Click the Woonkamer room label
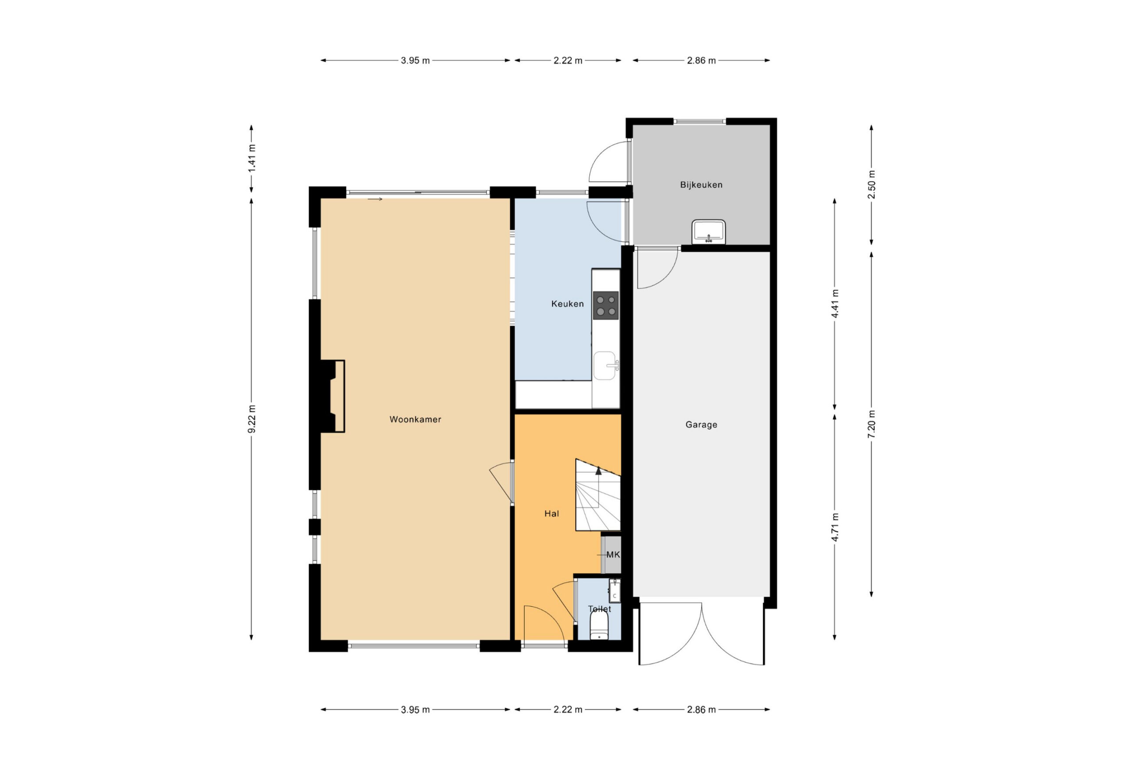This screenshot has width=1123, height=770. pos(415,419)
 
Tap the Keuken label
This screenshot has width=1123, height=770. pos(567,304)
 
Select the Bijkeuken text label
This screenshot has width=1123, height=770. pos(701,185)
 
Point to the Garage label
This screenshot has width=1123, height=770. pos(701,425)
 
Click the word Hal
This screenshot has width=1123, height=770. pos(551,514)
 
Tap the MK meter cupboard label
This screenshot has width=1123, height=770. pos(613,555)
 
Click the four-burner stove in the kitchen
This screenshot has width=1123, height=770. pos(605,305)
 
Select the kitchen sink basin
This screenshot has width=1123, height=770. pos(605,365)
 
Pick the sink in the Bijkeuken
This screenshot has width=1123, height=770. pos(708,232)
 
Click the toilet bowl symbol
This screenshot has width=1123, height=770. pos(599,627)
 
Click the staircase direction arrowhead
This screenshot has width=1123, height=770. pos(598,470)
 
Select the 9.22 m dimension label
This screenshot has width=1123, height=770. pos(252,419)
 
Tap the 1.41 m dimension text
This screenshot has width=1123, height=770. pos(252,158)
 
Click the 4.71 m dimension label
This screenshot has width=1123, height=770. pos(834,527)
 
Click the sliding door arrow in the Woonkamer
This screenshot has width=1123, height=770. pos(375,199)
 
